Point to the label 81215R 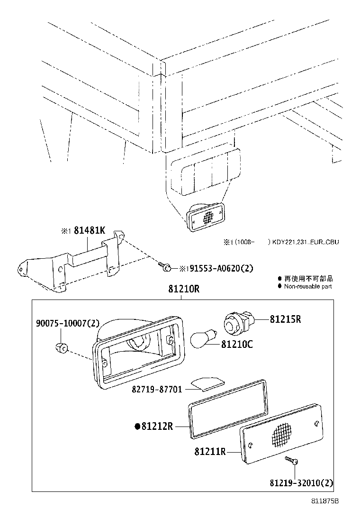point(285,319)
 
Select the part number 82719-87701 point(157,390)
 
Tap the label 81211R point(209,452)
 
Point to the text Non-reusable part point(308,286)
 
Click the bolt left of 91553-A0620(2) point(165,267)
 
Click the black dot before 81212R point(138,427)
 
